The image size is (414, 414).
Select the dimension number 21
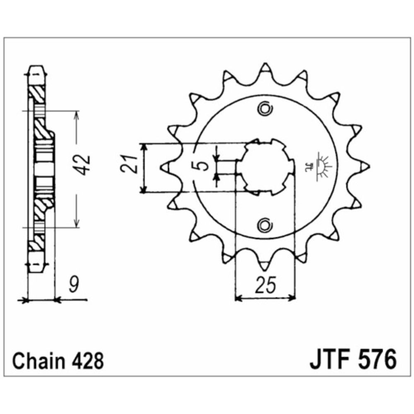pyautogui.click(x=129, y=164)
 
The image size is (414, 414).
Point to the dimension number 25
pyautogui.click(x=266, y=285)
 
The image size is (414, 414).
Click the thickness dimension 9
pyautogui.click(x=74, y=285)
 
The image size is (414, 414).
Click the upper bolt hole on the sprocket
pyautogui.click(x=265, y=108)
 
